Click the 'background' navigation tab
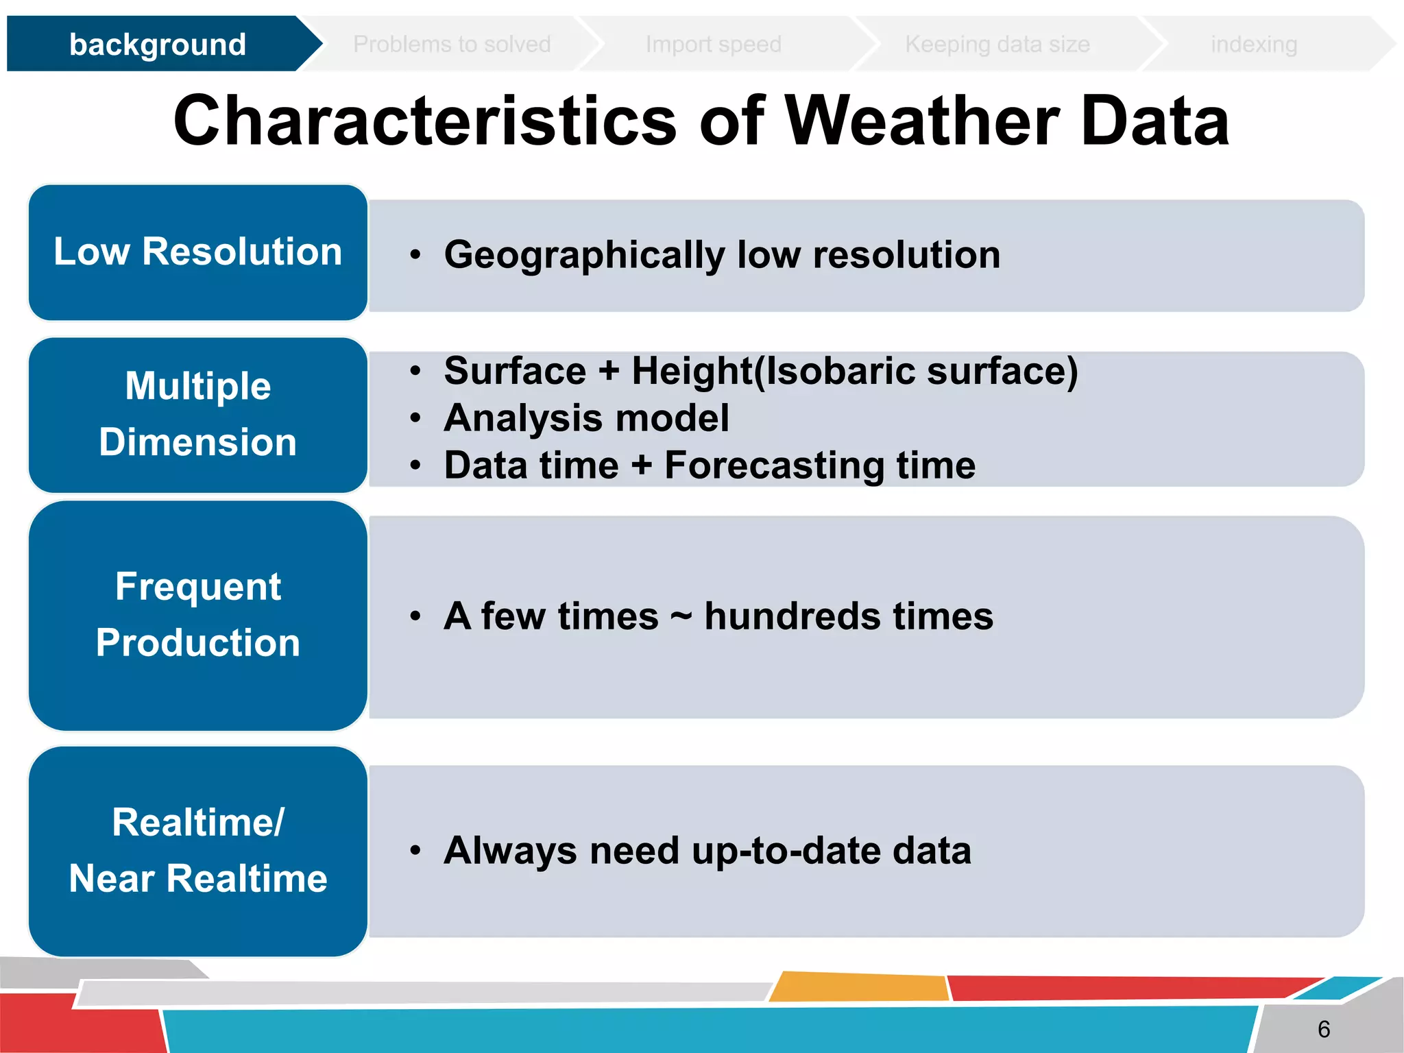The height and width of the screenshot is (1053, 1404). (x=158, y=45)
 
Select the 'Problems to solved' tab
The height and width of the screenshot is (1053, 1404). (x=452, y=45)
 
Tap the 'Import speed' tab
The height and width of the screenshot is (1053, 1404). (x=713, y=45)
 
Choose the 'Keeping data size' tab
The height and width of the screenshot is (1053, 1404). (x=997, y=45)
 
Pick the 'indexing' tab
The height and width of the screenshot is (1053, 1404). (x=1253, y=45)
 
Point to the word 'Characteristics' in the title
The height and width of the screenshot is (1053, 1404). (x=425, y=121)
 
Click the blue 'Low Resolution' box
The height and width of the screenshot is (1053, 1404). (x=198, y=252)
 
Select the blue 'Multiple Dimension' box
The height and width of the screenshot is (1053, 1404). (x=198, y=414)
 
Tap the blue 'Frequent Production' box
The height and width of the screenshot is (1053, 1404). (x=198, y=615)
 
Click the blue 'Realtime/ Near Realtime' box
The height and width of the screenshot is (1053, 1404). (x=198, y=851)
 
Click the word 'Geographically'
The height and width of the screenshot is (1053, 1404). (x=584, y=255)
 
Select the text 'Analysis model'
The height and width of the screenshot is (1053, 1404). (x=586, y=417)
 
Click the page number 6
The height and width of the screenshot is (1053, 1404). (x=1323, y=1029)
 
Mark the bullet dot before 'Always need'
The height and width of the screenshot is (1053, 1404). (x=415, y=851)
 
